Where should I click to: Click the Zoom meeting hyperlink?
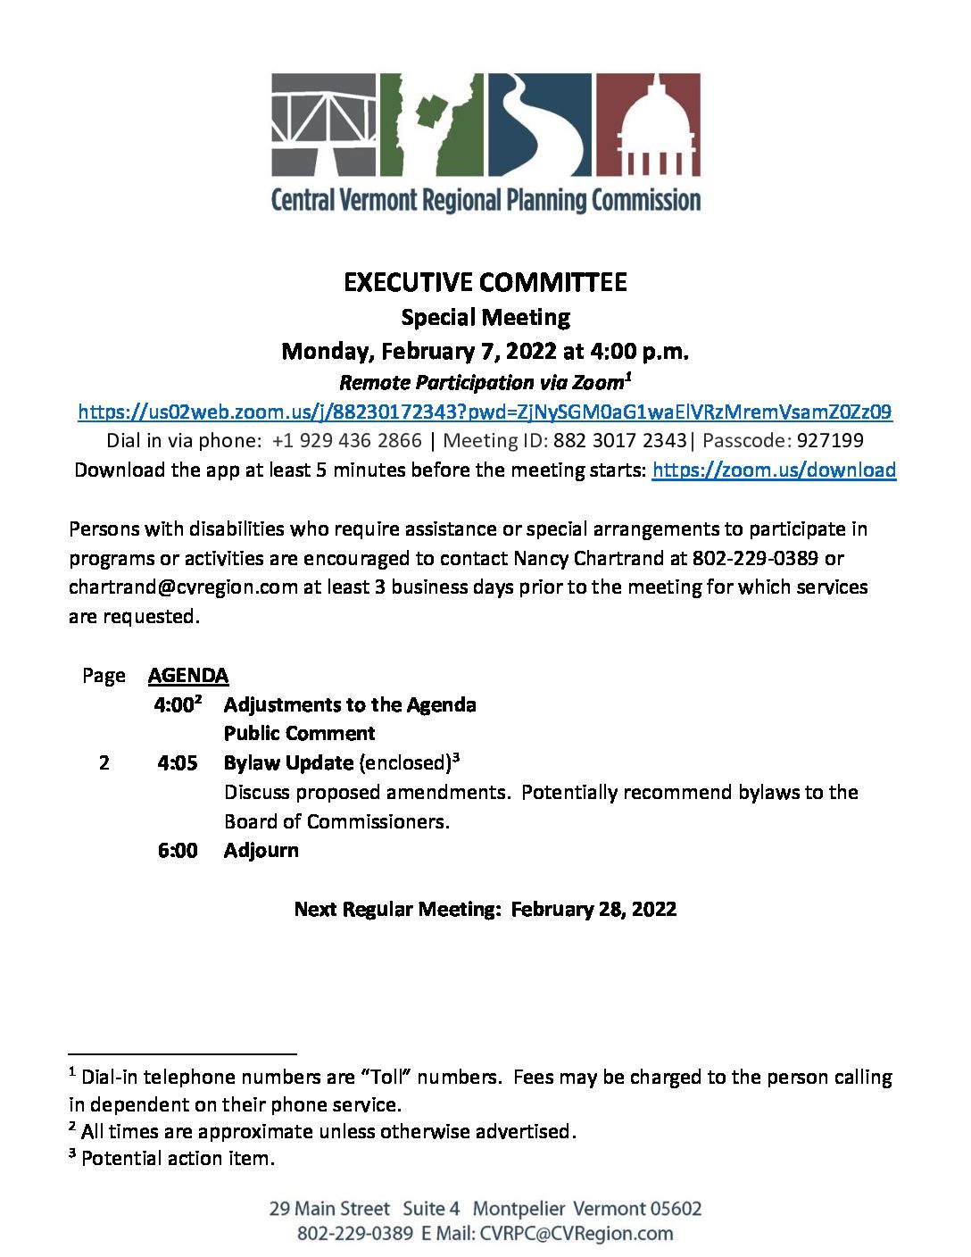tap(485, 412)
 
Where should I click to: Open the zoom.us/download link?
tap(773, 470)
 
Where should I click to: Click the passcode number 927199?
tap(830, 440)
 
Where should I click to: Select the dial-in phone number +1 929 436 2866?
tap(346, 440)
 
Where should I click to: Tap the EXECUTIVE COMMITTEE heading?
tap(485, 282)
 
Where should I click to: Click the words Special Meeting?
tap(485, 317)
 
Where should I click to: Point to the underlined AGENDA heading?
tap(188, 675)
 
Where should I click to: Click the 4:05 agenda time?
tap(178, 762)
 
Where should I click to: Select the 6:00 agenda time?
tap(178, 850)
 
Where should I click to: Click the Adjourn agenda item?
tap(261, 850)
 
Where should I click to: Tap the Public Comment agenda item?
tap(299, 733)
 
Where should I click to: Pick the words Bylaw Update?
tap(288, 762)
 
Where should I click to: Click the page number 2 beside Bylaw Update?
tap(104, 762)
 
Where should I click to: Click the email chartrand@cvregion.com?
tap(183, 587)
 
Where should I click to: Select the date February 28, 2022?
tap(593, 909)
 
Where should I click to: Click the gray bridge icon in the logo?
tap(324, 124)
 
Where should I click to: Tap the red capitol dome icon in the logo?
tap(648, 124)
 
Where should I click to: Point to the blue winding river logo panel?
tap(539, 124)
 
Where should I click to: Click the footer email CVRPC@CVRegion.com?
tap(576, 1233)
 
